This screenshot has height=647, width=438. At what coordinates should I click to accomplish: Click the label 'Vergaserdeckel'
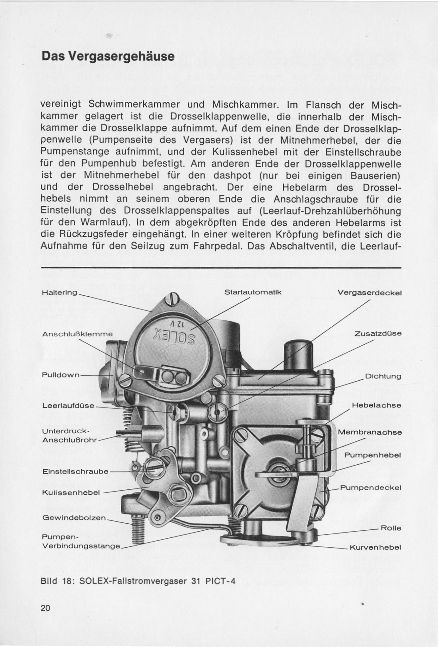tap(369, 293)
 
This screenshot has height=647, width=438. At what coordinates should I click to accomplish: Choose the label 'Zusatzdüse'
tap(378, 333)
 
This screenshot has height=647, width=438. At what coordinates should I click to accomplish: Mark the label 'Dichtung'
tap(383, 376)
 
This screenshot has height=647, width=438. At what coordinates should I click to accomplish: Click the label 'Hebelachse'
tap(376, 405)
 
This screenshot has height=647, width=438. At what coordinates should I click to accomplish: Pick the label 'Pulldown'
tap(60, 375)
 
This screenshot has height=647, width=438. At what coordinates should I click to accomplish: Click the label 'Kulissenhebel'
tap(71, 493)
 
